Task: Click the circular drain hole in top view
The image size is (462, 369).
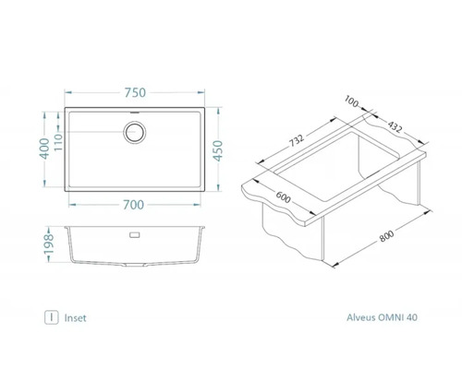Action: [135, 131]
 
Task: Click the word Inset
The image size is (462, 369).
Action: [76, 316]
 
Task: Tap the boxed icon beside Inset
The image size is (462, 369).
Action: [52, 316]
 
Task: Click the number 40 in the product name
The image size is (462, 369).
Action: [411, 316]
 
